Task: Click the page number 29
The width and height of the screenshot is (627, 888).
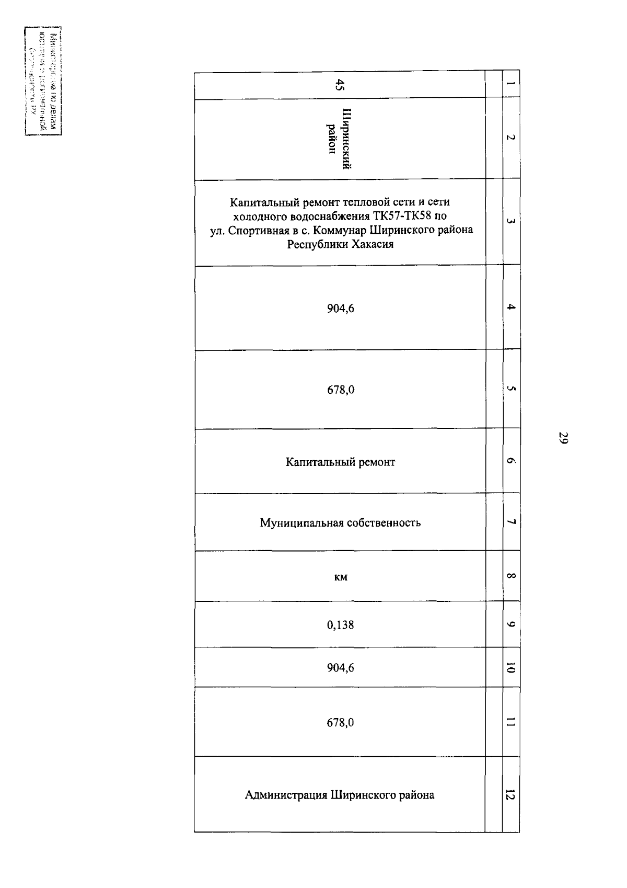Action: pyautogui.click(x=563, y=438)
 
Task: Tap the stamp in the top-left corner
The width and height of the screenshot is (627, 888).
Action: pyautogui.click(x=43, y=81)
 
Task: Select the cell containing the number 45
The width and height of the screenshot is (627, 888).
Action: pyautogui.click(x=340, y=85)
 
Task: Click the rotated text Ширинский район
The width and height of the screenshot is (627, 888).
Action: pyautogui.click(x=339, y=139)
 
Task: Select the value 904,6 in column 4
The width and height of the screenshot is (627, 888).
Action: pyautogui.click(x=341, y=309)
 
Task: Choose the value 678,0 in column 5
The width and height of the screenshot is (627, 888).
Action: pyautogui.click(x=341, y=390)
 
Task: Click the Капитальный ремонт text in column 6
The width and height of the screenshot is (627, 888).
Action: pyautogui.click(x=341, y=462)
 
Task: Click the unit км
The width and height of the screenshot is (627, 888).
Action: pyautogui.click(x=341, y=577)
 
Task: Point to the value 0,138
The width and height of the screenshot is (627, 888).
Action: pyautogui.click(x=341, y=625)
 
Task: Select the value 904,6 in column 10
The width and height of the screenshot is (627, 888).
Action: pyautogui.click(x=341, y=668)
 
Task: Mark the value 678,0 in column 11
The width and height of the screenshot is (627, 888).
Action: pyautogui.click(x=341, y=723)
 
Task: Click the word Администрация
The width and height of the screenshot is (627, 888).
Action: pyautogui.click(x=285, y=795)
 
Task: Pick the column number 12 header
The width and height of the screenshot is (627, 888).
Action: pyautogui.click(x=510, y=795)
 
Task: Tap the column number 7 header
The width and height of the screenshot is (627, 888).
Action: pyautogui.click(x=510, y=522)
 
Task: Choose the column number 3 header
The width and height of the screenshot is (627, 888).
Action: pyautogui.click(x=510, y=222)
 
